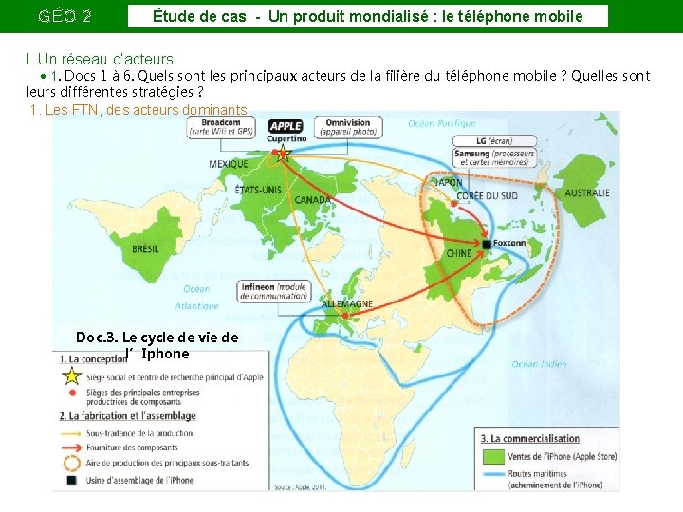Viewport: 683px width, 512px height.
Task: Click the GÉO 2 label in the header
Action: pos(65,16)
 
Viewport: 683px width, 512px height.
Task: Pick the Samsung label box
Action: pos(494,157)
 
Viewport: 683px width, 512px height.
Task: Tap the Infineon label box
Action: pos(273,291)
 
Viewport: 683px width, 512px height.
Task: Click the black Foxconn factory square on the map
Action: pos(487,244)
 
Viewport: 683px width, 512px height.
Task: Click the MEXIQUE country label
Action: pos(228,164)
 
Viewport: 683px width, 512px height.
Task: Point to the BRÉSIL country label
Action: pos(145,248)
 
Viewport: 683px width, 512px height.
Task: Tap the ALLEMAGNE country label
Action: pos(347,303)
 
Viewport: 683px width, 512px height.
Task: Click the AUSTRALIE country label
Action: pos(587,193)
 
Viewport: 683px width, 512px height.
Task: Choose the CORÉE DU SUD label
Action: pos(488,196)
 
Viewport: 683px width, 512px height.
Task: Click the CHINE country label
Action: pos(459,253)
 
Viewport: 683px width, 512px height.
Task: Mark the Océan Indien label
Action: pos(539,363)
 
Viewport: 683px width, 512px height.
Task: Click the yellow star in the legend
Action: pos(70,377)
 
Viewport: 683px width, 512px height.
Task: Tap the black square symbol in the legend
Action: pos(70,480)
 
